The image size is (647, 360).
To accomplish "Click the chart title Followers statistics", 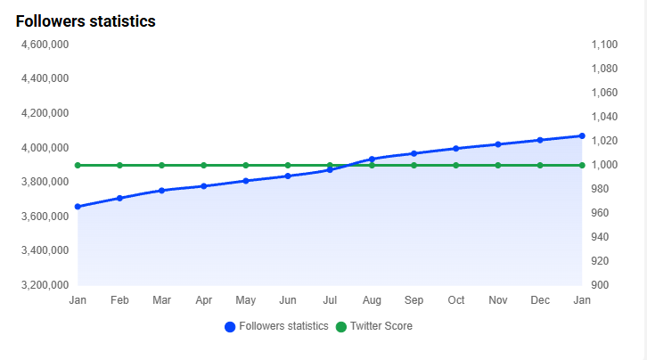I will pyautogui.click(x=86, y=21).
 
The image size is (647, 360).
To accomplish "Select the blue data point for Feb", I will pyautogui.click(x=119, y=198).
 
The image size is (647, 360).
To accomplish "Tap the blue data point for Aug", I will pyautogui.click(x=372, y=159).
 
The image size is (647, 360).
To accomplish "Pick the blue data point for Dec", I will pyautogui.click(x=540, y=140).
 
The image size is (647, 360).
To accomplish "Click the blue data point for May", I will pyautogui.click(x=246, y=181).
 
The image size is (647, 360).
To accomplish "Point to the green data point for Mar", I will pyautogui.click(x=161, y=165).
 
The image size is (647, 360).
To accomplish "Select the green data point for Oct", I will pyautogui.click(x=456, y=165).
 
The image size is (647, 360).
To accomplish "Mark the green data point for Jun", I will pyautogui.click(x=288, y=165).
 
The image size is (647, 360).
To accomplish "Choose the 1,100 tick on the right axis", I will pyautogui.click(x=604, y=44).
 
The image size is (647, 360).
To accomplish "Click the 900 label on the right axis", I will pyautogui.click(x=601, y=285).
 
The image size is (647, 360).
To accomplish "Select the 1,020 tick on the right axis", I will pyautogui.click(x=604, y=141).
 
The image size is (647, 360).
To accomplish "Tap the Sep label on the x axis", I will pyautogui.click(x=414, y=300).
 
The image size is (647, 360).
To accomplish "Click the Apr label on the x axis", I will pyautogui.click(x=203, y=300).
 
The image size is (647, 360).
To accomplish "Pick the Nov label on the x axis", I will pyautogui.click(x=498, y=300).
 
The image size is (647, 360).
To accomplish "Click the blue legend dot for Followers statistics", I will pyautogui.click(x=230, y=327).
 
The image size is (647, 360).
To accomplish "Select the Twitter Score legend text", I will pyautogui.click(x=381, y=326).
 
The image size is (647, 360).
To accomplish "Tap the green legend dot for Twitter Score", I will pyautogui.click(x=340, y=327).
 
